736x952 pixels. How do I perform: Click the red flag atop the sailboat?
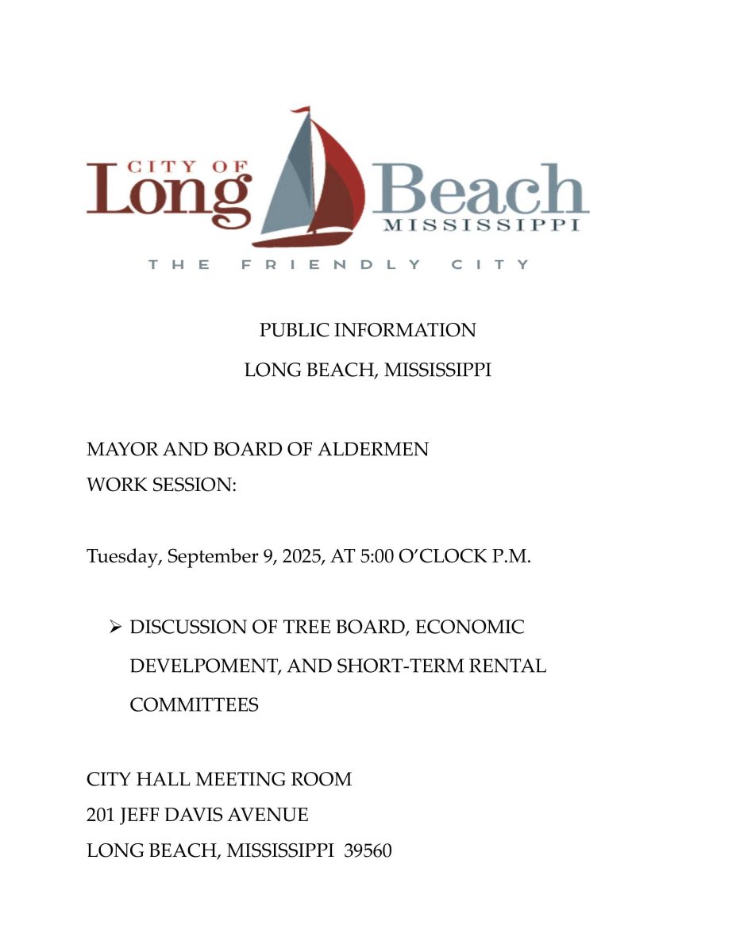point(301,111)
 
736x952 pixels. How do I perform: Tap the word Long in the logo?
point(168,194)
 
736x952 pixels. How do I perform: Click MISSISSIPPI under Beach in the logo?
point(481,225)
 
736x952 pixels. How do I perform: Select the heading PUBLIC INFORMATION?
point(368,330)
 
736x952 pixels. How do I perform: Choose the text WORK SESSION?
point(162,485)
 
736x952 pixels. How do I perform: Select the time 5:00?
point(382,556)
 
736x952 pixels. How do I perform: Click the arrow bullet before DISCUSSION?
point(114,628)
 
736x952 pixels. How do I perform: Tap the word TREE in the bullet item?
point(304,628)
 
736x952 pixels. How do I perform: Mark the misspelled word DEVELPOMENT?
point(202,666)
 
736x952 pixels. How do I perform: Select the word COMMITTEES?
point(194,704)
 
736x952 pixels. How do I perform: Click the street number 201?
point(101,815)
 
